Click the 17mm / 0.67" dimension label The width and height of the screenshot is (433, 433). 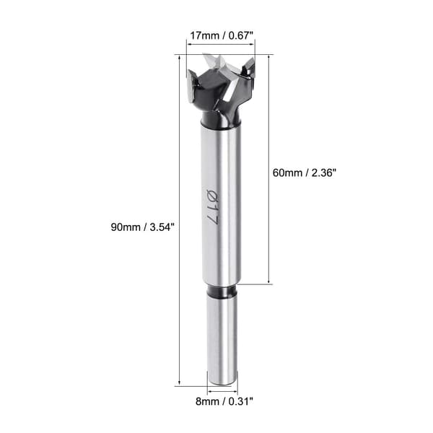click(x=222, y=36)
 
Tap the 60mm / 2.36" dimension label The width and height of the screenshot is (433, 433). click(x=305, y=173)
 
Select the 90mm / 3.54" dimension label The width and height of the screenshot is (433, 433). click(x=143, y=227)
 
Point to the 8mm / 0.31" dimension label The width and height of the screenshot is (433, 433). click(x=224, y=401)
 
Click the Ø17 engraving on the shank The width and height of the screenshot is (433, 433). click(x=213, y=206)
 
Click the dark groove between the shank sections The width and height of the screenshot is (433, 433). click(x=222, y=292)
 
